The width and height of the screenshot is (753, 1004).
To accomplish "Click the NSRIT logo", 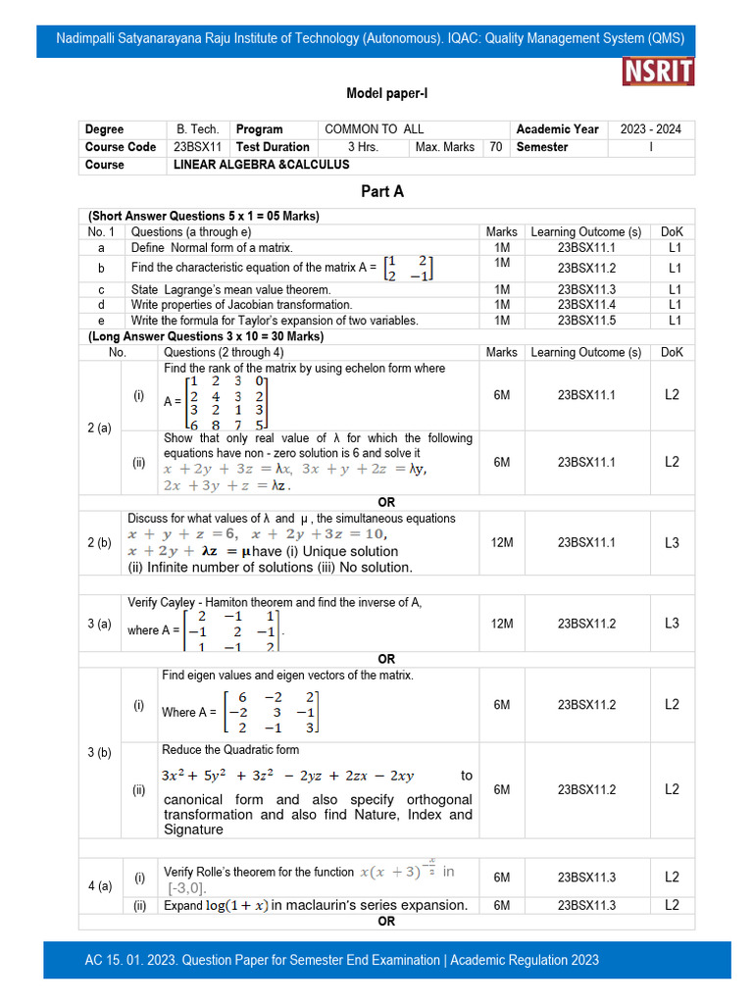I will coord(658,72).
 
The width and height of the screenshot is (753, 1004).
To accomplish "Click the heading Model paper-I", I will coord(387,94).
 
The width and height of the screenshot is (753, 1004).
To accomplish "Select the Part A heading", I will coord(382,191).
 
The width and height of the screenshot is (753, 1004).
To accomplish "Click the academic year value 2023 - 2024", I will coord(651,129).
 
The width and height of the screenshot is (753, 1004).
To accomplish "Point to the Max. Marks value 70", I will coord(496,147).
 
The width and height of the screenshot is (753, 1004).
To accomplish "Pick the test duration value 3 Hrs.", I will coord(363,147).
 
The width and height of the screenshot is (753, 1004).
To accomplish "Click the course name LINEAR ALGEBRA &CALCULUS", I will coord(261,165).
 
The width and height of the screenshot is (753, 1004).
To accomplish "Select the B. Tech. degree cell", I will coord(197,129).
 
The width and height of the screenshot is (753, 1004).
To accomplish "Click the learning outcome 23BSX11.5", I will coord(586,321).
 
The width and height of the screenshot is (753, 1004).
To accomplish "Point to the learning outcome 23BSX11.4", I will coord(586,305).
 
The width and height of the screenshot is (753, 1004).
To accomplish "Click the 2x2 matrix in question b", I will coord(408,268).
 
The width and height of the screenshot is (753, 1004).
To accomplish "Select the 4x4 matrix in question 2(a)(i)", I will coord(226,402).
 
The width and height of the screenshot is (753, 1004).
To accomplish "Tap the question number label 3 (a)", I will coord(98,624).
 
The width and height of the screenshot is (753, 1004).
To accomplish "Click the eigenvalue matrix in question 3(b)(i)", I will coord(271,712).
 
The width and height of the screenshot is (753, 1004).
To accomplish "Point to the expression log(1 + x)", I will coord(235,906).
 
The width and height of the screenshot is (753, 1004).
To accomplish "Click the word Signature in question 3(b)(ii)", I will coord(193,829).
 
